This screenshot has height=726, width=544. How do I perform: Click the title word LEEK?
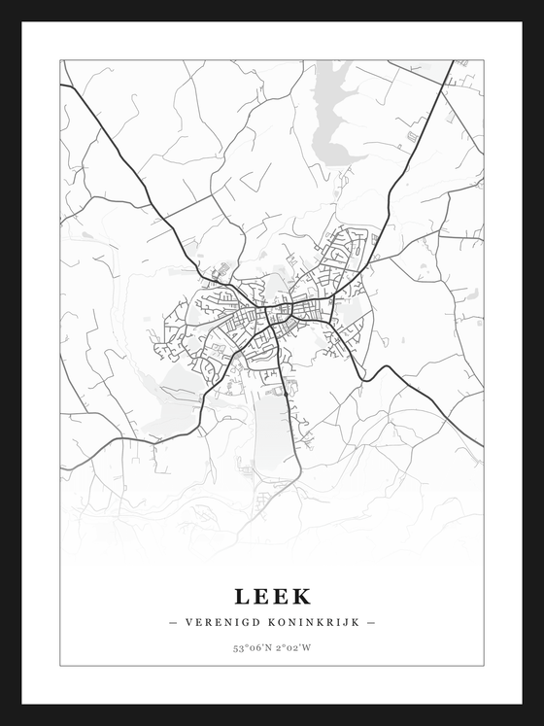tap(272, 595)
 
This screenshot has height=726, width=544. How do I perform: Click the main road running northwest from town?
tap(136, 165)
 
